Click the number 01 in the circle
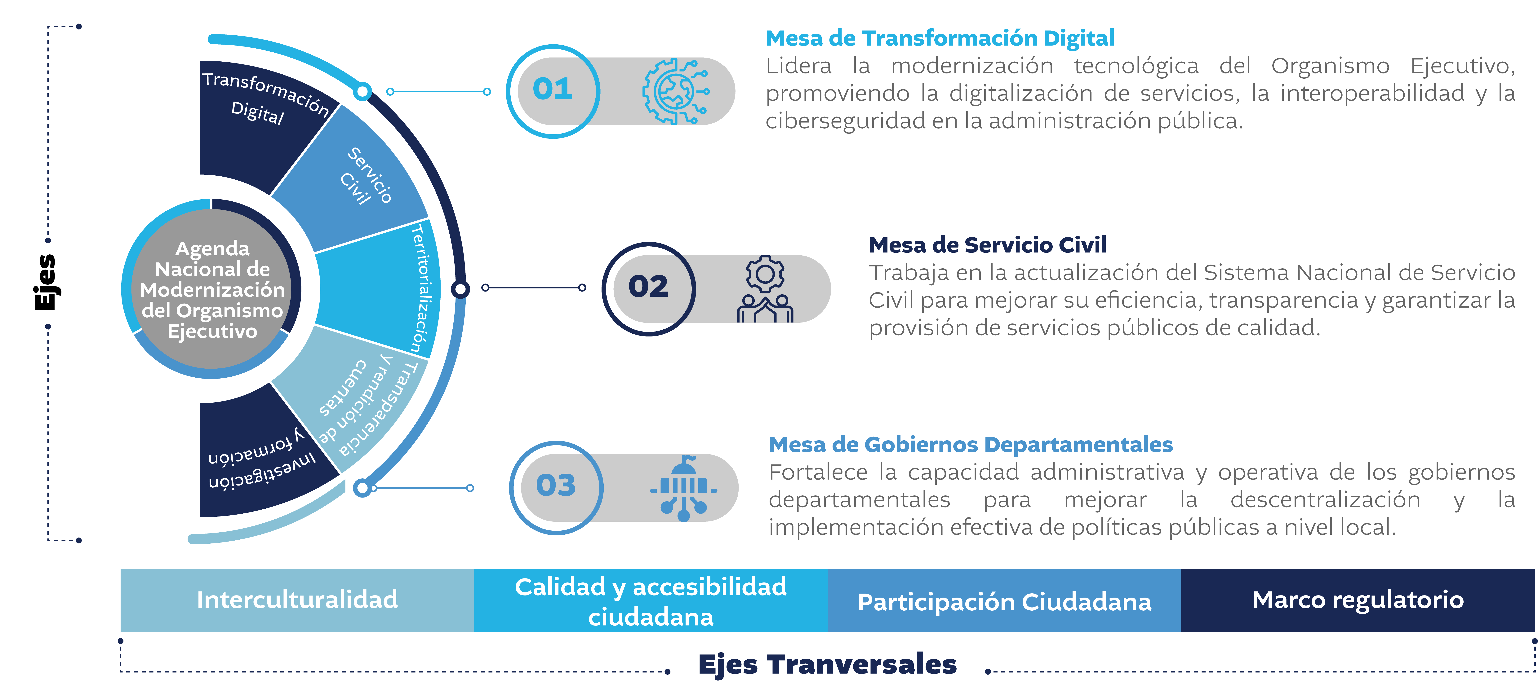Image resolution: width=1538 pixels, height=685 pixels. click(553, 90)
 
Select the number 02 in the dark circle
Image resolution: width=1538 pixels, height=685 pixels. click(648, 287)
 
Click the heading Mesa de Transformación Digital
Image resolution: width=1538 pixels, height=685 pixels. click(940, 38)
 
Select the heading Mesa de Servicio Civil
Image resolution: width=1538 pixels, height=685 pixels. click(988, 245)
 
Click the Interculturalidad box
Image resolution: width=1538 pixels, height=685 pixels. click(297, 600)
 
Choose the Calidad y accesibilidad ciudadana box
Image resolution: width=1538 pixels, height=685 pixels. click(651, 600)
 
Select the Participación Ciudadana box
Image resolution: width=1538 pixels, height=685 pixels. click(1004, 600)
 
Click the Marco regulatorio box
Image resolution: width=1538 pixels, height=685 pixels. click(1358, 600)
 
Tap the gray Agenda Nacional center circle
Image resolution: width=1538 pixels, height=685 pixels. click(212, 289)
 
